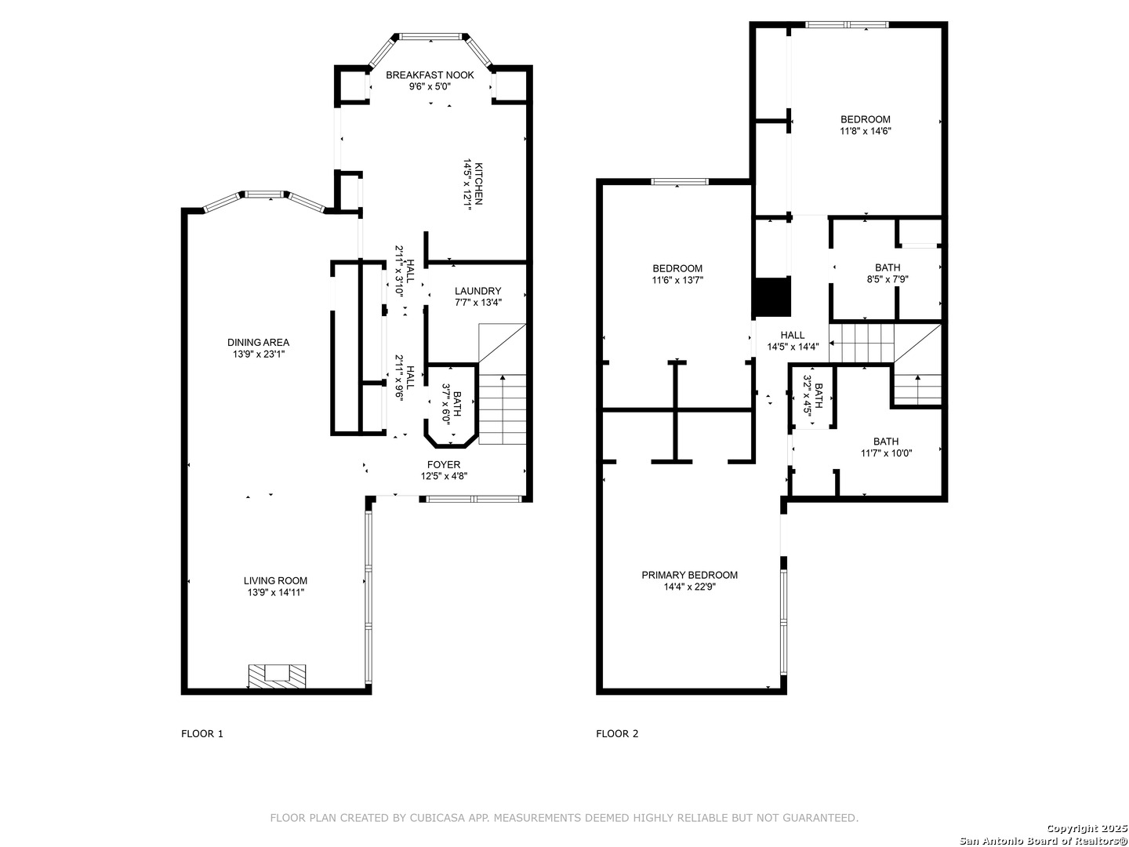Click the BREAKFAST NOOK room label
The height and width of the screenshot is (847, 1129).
click(x=430, y=75)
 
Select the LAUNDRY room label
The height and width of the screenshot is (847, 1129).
click(x=477, y=291)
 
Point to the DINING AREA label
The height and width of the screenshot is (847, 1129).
click(x=258, y=342)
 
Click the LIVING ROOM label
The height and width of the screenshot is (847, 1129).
click(x=275, y=581)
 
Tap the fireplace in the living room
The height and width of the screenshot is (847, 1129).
click(x=277, y=675)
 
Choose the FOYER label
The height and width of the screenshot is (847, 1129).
click(x=444, y=464)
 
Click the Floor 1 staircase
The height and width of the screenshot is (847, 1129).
click(x=503, y=408)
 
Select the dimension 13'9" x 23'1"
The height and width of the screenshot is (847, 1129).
click(x=258, y=354)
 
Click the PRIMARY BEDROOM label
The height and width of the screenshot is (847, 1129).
click(x=689, y=575)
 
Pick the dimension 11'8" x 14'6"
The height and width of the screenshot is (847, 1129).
click(x=865, y=132)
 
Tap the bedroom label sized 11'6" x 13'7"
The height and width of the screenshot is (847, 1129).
click(x=677, y=269)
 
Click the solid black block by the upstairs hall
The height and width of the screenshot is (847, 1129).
click(x=771, y=296)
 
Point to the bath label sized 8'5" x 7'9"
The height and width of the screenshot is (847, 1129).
click(x=888, y=267)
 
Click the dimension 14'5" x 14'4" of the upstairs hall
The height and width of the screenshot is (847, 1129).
click(x=792, y=347)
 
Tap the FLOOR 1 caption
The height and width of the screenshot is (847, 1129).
click(x=202, y=734)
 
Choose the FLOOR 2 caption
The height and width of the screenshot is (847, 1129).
click(x=617, y=734)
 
